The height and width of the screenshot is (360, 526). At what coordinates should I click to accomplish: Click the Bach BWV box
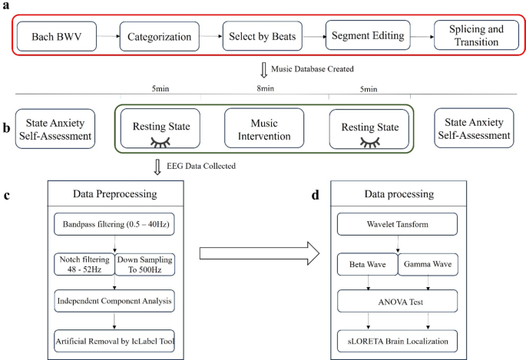63,36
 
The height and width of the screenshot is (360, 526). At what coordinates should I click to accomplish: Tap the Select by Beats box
260,36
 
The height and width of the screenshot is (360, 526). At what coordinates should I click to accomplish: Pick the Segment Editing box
365,36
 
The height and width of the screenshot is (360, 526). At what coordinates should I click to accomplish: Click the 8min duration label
265,89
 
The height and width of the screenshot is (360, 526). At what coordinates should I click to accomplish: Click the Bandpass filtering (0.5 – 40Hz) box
114,226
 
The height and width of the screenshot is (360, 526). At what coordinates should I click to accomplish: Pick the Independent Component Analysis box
114,300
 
